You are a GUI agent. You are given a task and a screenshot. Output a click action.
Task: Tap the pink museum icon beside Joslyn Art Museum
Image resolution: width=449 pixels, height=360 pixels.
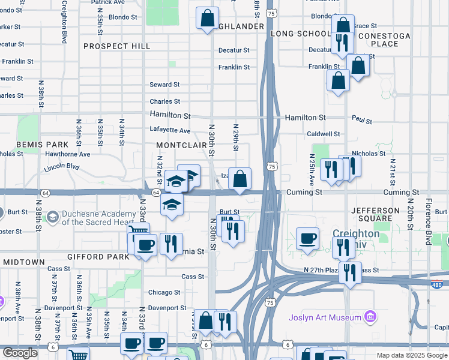[x=370, y=317]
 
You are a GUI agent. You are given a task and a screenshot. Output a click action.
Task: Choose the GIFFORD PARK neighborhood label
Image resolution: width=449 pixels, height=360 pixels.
[x=98, y=257]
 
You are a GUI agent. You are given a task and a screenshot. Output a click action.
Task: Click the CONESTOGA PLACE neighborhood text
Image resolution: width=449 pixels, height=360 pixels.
[x=385, y=40]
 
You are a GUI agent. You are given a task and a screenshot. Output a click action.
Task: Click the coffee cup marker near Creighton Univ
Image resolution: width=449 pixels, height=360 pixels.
[x=308, y=239]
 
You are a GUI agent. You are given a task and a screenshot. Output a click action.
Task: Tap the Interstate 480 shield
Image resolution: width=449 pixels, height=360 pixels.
[x=441, y=283]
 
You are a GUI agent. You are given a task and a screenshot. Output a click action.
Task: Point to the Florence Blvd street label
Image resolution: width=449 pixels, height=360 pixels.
[x=429, y=221]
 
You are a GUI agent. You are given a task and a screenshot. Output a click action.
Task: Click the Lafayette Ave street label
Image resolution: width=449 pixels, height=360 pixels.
[x=170, y=131]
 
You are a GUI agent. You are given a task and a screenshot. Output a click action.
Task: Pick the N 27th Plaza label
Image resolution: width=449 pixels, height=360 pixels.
[x=322, y=270]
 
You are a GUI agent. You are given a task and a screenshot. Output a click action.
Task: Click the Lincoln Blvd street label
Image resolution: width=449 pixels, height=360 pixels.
[x=61, y=167]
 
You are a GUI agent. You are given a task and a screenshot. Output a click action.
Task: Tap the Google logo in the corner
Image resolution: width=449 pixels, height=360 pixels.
[x=20, y=353]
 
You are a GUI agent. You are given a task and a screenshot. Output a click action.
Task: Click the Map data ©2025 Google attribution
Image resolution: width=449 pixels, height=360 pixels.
[x=411, y=355]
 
